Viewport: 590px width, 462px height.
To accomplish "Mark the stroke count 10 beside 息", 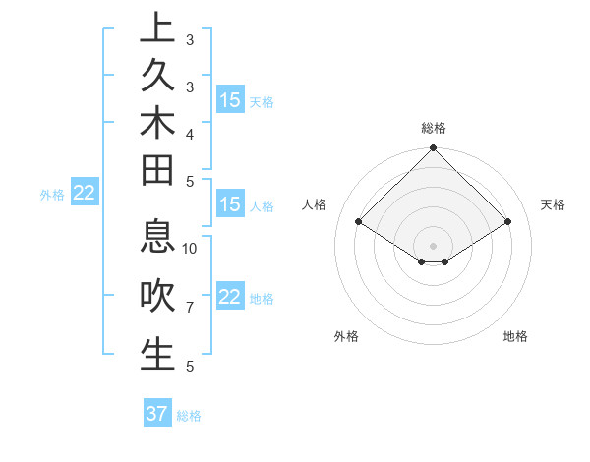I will [x=190, y=249].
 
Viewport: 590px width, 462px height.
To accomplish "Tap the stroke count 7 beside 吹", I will [x=190, y=308].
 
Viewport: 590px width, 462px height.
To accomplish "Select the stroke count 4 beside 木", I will [x=190, y=133].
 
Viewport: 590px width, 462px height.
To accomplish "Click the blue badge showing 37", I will [x=157, y=414].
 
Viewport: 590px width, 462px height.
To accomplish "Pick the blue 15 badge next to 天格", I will [x=229, y=100].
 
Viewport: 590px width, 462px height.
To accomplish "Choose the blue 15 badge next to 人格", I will [x=229, y=204].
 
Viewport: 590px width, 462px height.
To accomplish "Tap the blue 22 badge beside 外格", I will [x=85, y=193].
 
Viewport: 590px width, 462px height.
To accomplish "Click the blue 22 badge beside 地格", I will [x=229, y=297].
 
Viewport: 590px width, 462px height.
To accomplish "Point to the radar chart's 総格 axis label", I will [x=434, y=128].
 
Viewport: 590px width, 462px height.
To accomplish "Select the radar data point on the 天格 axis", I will [x=507, y=222].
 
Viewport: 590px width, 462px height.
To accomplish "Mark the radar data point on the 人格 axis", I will [x=359, y=222].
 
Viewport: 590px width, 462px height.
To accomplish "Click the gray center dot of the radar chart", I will [x=434, y=245].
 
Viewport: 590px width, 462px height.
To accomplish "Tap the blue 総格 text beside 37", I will [x=189, y=416].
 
